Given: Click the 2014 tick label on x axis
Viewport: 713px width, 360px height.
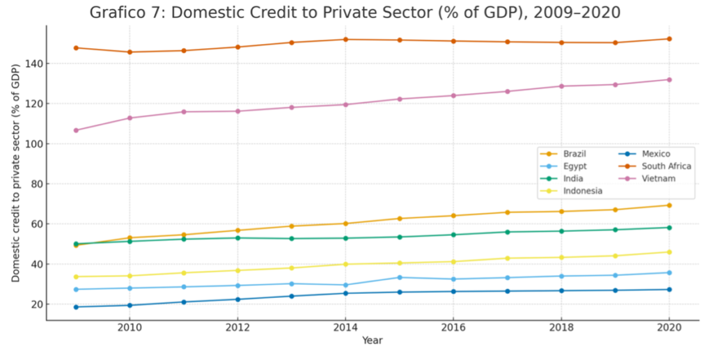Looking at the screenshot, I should [346, 327].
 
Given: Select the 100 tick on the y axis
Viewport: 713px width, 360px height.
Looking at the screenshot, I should [34, 144].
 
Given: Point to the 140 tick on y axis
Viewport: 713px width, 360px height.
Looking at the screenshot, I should [34, 64].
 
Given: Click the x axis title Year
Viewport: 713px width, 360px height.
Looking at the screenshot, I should [372, 341].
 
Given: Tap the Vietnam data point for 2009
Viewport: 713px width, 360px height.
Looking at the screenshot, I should [75, 130].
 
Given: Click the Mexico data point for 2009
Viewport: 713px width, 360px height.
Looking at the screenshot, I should [75, 307].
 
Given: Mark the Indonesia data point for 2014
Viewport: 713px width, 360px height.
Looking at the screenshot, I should [346, 264].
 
